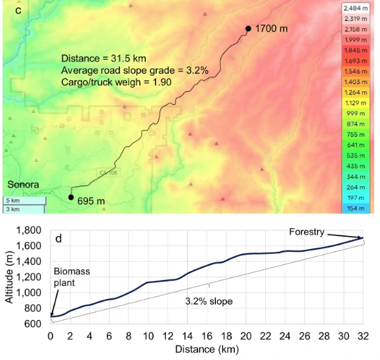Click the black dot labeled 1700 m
point(248,29)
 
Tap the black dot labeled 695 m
point(71,197)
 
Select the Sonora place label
point(23,184)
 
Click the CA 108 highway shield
point(108,172)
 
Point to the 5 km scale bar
point(24,201)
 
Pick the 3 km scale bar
point(24,209)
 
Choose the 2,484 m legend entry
point(356,9)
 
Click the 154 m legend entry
point(356,209)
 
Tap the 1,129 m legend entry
point(356,103)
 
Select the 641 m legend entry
point(356,145)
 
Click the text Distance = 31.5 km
point(104,58)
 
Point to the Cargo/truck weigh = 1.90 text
point(116,82)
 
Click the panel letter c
point(18,10)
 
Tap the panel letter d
point(58,239)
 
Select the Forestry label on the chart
point(306,232)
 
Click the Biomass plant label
point(72,277)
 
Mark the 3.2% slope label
point(209,302)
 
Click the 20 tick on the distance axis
point(246,336)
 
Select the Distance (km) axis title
point(207,350)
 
